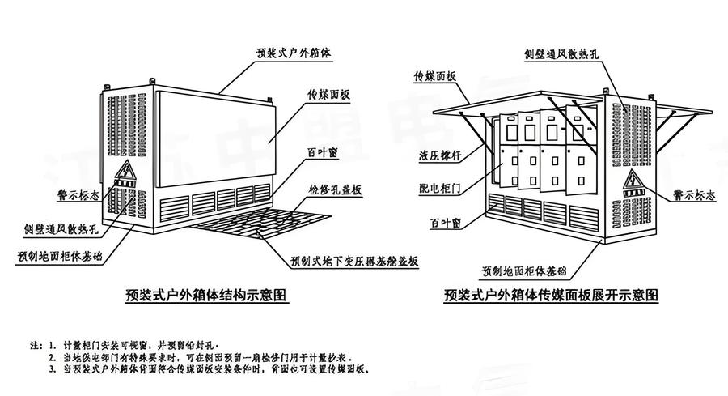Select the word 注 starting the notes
click(x=33, y=344)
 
